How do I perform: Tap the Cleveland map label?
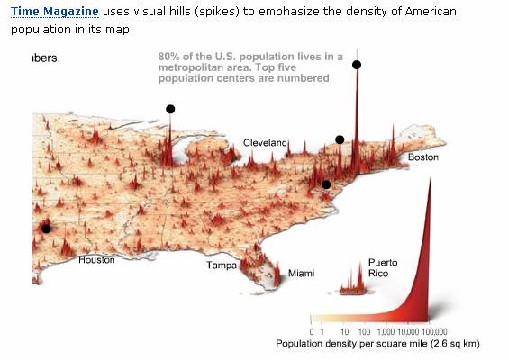tap(265, 143)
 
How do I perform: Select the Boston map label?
tap(423, 157)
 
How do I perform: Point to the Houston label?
tap(96, 260)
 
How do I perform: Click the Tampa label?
tap(222, 265)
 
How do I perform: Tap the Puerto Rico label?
tap(383, 267)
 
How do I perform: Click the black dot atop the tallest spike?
tap(357, 65)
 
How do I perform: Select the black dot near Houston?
tap(46, 229)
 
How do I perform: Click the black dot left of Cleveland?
tap(170, 109)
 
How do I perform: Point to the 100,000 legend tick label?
tap(435, 332)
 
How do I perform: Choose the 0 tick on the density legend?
tap(312, 332)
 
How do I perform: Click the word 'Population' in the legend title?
tap(301, 345)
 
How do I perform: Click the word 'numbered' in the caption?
tap(306, 78)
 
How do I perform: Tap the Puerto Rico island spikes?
tap(355, 285)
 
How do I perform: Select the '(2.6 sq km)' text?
tap(450, 345)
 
